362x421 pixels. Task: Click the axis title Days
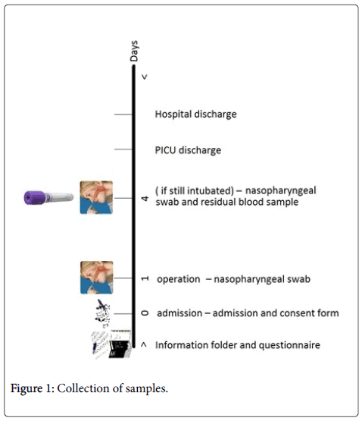tap(134, 51)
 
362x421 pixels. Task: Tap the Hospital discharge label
tap(195, 115)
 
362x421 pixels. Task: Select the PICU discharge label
tap(188, 150)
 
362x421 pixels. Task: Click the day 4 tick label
tap(145, 199)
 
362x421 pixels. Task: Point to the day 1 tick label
tap(145, 278)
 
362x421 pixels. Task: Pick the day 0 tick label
tap(145, 313)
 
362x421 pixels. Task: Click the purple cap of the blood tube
tap(35, 198)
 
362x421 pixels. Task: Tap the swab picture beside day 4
tap(96, 197)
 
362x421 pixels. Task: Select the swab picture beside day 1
tap(96, 278)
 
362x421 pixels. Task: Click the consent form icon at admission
tap(103, 313)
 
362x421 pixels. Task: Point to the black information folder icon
tap(120, 344)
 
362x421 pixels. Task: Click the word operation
tap(178, 279)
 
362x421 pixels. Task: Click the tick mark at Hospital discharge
tap(123, 115)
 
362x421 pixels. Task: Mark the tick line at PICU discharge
tap(123, 149)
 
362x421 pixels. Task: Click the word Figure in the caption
tap(27, 388)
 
